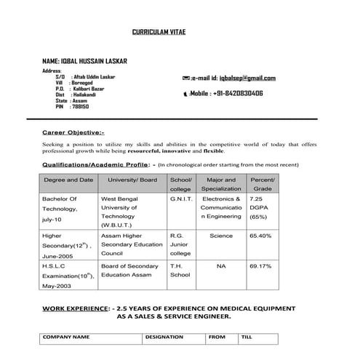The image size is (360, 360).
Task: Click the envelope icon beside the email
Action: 186,78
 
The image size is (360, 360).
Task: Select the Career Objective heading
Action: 73,133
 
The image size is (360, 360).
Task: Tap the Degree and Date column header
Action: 68,180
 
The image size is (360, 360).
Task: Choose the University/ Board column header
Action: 132,180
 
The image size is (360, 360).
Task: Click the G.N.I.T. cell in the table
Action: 180,198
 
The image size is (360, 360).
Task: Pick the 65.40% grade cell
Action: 260,236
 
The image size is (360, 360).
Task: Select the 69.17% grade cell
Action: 260,266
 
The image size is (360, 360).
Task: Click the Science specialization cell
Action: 221,236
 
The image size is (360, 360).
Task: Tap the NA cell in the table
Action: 221,266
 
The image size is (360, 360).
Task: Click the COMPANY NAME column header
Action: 66,337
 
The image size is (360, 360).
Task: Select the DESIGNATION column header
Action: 164,337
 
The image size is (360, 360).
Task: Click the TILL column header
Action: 247,337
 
